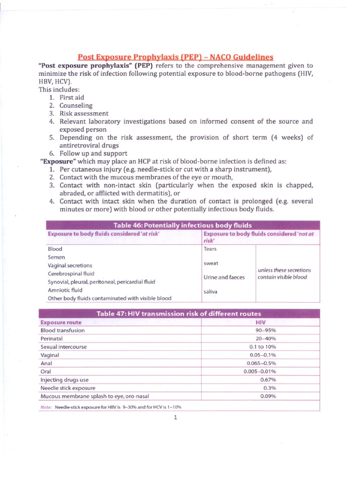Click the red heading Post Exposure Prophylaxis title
point(175,56)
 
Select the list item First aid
point(71,97)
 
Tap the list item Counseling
point(76,105)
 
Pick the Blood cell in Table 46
point(55,249)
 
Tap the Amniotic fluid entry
point(65,290)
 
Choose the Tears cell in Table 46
point(210,249)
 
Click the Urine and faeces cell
point(224,277)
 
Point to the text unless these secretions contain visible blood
point(285,273)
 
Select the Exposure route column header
point(61,322)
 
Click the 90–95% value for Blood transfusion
point(265,330)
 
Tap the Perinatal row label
point(52,338)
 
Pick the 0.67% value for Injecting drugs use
point(268,380)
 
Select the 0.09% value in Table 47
point(268,396)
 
